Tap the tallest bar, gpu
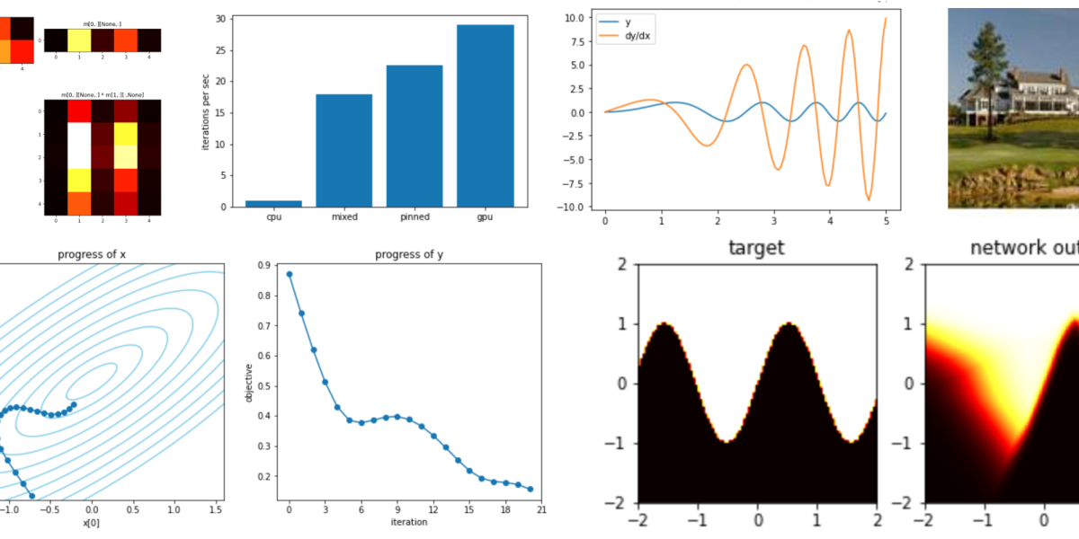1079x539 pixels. tap(486, 116)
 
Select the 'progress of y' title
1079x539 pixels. tap(409, 254)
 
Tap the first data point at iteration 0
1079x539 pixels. tap(290, 274)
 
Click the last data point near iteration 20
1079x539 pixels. tap(531, 490)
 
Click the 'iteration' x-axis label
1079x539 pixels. tap(409, 522)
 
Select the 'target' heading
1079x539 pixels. tap(757, 247)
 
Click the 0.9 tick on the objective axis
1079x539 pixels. tap(263, 266)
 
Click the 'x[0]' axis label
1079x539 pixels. tap(91, 522)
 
